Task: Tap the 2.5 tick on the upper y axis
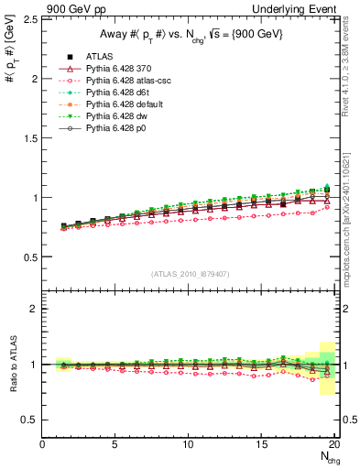29,19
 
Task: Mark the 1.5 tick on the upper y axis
29,137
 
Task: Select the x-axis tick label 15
261,444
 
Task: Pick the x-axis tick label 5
115,444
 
